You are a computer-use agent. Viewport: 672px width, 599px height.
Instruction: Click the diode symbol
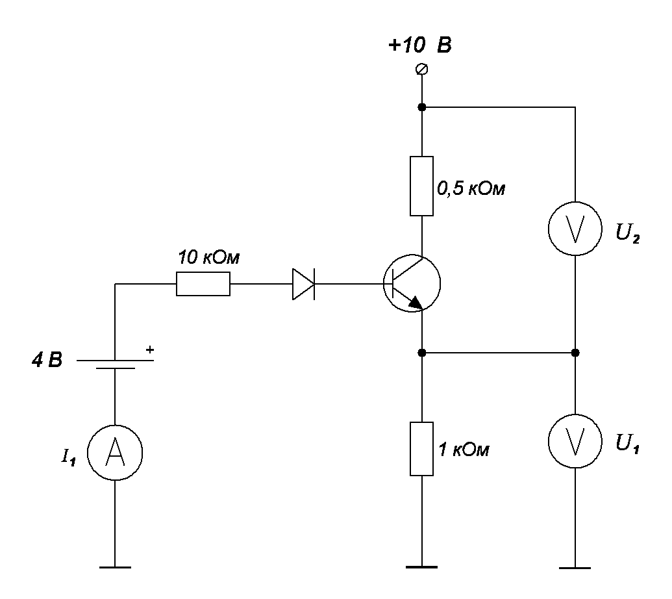(x=303, y=284)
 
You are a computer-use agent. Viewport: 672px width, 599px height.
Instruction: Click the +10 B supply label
(x=419, y=45)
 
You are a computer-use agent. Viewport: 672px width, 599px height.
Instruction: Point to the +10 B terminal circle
(x=422, y=69)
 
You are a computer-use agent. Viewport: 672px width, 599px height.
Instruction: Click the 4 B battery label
(x=47, y=360)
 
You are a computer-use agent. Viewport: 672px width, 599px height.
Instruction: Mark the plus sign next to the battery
(x=149, y=350)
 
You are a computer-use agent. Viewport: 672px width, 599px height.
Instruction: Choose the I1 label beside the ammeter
(x=68, y=457)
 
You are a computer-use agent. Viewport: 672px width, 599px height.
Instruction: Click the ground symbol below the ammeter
(x=115, y=567)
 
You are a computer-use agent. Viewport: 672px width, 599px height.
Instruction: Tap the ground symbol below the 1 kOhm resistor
(x=422, y=567)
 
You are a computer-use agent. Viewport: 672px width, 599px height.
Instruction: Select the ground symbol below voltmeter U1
(x=575, y=567)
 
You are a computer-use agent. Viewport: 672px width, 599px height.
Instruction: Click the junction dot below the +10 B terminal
(x=422, y=107)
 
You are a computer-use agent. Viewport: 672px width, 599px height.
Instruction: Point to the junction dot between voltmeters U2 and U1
(x=575, y=353)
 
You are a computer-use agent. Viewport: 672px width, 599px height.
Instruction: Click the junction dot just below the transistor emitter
(x=422, y=353)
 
